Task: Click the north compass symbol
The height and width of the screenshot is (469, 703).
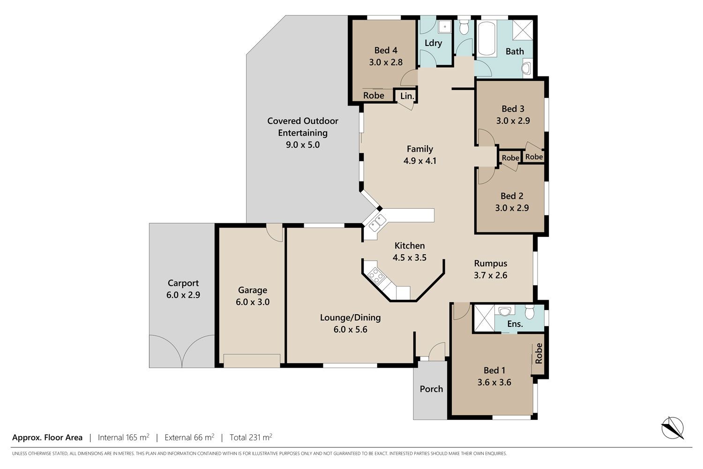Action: click(x=672, y=428)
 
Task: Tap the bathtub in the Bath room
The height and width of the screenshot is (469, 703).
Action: click(x=487, y=38)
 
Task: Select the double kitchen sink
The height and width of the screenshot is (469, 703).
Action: click(x=377, y=223)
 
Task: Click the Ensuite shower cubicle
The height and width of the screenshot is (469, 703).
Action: click(x=484, y=318)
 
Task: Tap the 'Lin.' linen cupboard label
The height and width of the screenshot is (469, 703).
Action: click(x=407, y=96)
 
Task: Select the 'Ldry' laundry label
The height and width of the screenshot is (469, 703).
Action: click(x=434, y=43)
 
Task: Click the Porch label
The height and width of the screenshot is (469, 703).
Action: click(x=431, y=389)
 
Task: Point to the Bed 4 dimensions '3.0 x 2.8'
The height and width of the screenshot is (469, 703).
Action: click(x=386, y=62)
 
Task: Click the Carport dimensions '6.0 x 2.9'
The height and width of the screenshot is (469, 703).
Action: click(x=183, y=295)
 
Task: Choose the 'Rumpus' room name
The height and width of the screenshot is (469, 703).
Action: click(x=491, y=263)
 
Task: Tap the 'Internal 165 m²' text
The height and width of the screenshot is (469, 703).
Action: click(x=123, y=437)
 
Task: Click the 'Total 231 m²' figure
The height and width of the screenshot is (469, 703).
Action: click(x=251, y=437)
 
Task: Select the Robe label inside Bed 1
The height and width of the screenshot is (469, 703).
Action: click(x=538, y=354)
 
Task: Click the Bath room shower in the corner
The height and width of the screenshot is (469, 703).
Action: click(x=523, y=30)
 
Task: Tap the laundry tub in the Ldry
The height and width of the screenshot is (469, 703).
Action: click(x=445, y=27)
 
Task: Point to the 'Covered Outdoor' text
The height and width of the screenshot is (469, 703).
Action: click(x=303, y=121)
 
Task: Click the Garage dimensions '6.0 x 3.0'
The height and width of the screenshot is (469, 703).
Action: click(x=253, y=302)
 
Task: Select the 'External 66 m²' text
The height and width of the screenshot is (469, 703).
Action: click(x=189, y=437)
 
